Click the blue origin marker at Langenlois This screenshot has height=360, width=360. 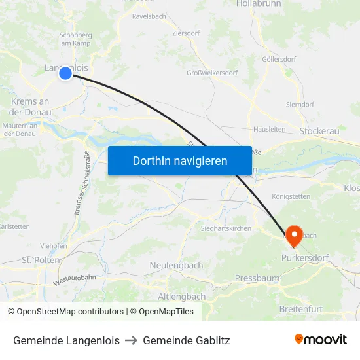65,73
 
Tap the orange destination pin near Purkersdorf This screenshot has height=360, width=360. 293,236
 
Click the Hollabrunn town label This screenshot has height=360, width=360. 258,4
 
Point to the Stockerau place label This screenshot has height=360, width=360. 319,132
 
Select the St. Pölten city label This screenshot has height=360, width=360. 41,260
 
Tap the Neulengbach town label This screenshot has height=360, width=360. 176,265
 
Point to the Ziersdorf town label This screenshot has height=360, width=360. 186,32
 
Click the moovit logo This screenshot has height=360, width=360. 320,340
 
